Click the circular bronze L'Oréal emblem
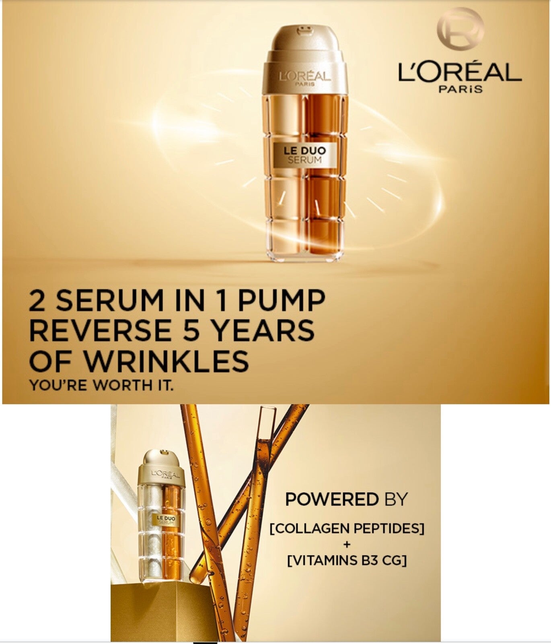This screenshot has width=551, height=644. pyautogui.click(x=461, y=29)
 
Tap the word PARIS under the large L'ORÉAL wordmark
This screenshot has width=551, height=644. pyautogui.click(x=461, y=89)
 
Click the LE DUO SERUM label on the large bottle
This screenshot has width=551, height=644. pyautogui.click(x=305, y=155)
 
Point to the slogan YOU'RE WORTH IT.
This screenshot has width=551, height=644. pyautogui.click(x=101, y=385)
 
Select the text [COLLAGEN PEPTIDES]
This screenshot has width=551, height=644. pyautogui.click(x=347, y=528)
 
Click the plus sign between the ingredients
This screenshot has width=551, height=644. pyautogui.click(x=347, y=545)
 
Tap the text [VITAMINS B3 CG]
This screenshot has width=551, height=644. pyautogui.click(x=347, y=560)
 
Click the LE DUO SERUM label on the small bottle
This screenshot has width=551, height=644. pyautogui.click(x=166, y=520)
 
